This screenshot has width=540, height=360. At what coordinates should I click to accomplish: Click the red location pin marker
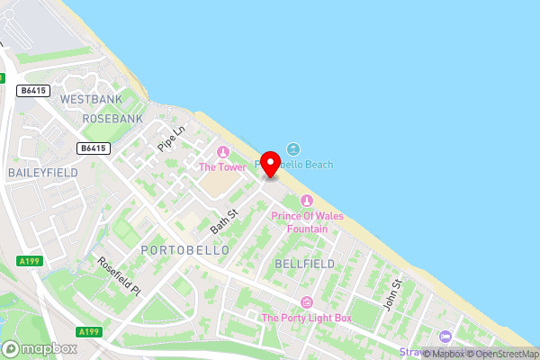click(x=269, y=162)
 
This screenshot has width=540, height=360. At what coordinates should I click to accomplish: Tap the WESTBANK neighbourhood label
click(x=90, y=99)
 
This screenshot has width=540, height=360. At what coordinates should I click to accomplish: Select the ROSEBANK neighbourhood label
click(x=112, y=119)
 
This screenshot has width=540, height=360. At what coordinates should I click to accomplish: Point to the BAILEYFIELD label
click(x=42, y=172)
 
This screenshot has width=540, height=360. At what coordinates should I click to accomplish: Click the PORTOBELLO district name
click(x=185, y=249)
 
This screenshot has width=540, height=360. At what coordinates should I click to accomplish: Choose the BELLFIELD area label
click(x=305, y=264)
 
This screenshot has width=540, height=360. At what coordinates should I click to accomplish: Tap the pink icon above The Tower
click(x=222, y=151)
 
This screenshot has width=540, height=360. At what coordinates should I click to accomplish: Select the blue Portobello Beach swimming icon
click(x=293, y=149)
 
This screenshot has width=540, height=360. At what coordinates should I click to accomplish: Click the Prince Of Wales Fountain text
click(x=307, y=221)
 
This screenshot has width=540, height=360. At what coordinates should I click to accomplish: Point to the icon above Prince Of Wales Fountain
click(x=308, y=201)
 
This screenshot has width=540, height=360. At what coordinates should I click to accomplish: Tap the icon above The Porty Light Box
click(x=307, y=301)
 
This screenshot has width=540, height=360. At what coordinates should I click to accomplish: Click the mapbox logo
click(x=39, y=348)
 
